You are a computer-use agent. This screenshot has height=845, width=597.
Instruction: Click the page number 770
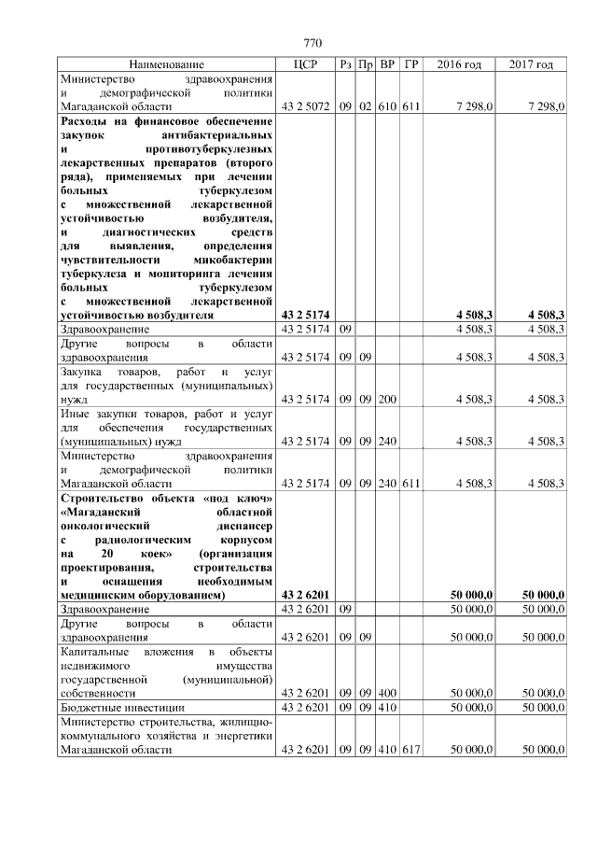coord(312,44)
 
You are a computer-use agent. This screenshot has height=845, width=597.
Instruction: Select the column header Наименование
coord(167,64)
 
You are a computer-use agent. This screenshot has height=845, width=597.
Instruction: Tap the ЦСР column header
coord(307,64)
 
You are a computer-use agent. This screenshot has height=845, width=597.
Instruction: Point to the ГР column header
coord(411,64)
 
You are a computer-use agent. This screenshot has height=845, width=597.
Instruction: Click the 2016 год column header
coord(459,64)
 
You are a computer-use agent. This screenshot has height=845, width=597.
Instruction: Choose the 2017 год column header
coord(532,64)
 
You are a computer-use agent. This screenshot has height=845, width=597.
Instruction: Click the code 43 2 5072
coord(305,107)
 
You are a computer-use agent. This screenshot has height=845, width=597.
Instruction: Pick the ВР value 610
coord(387,107)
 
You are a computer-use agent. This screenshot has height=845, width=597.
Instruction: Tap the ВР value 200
coord(387,399)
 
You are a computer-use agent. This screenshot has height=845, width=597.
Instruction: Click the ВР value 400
coord(387,694)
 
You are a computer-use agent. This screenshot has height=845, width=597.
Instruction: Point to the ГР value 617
coord(411,751)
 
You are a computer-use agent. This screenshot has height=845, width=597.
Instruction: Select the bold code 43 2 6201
coord(305,594)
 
